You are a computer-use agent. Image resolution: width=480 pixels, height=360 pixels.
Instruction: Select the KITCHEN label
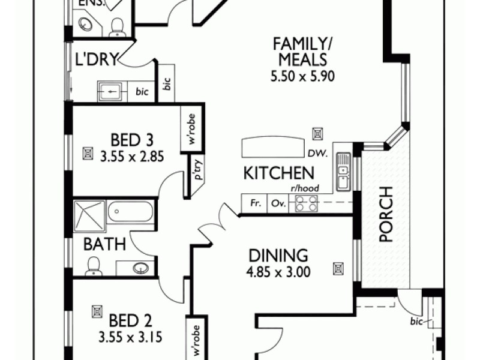pos(278,173)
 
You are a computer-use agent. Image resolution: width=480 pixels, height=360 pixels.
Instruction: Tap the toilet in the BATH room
pos(94,266)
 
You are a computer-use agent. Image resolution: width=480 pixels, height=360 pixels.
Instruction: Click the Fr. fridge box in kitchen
pos(254,203)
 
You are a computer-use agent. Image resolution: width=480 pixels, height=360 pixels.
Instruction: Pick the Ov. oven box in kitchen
pos(277,203)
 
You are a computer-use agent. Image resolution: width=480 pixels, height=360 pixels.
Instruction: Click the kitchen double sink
pos(343,172)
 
